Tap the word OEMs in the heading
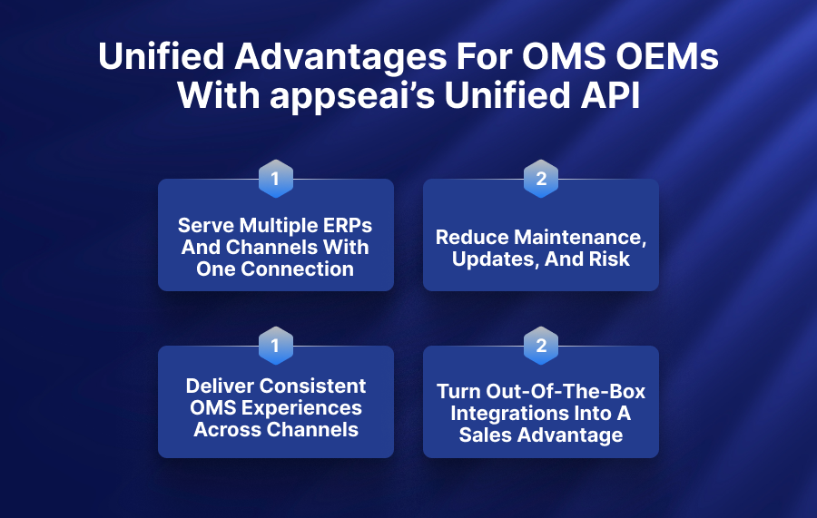click(667, 55)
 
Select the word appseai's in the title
click(352, 97)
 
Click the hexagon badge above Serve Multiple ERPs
click(276, 179)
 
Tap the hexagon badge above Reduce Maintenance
click(541, 179)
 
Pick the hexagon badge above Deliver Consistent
click(276, 346)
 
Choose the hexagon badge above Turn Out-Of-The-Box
click(541, 346)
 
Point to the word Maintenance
click(580, 238)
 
